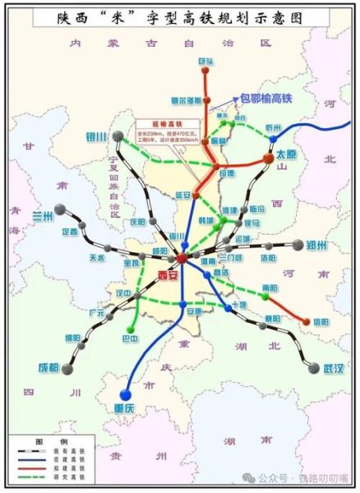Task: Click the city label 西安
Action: tap(168, 276)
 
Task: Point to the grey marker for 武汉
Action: tap(313, 368)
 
